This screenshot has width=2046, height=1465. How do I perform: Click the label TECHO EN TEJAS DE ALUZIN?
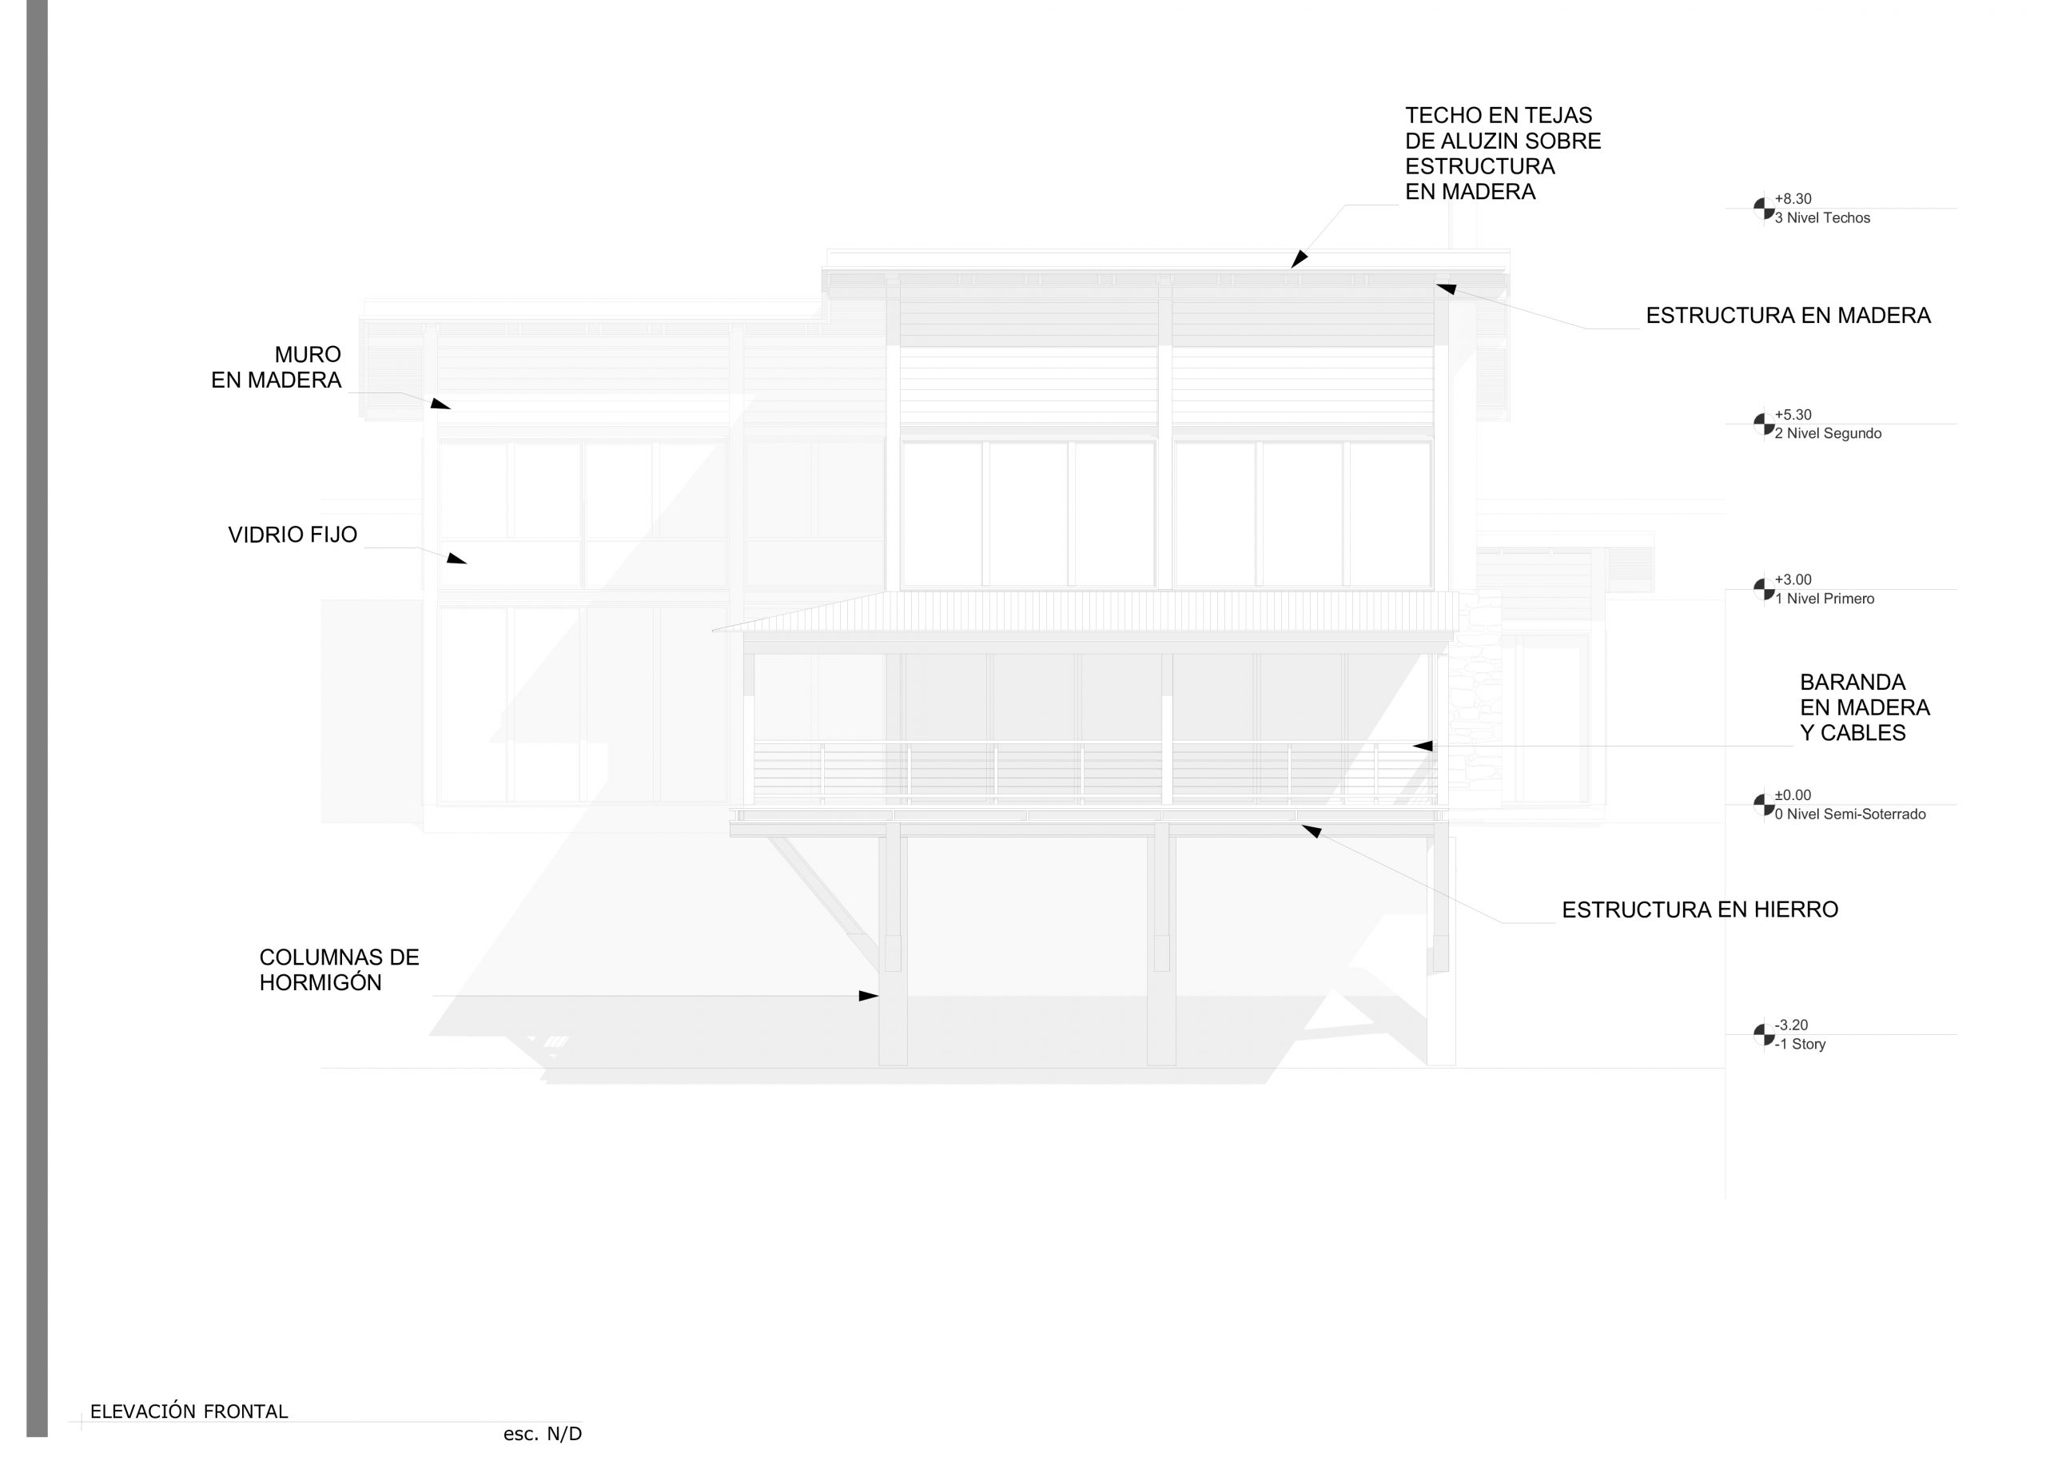coord(1503,153)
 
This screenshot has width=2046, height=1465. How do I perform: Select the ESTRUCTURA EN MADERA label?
coord(1788,316)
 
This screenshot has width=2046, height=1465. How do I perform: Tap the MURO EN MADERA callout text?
coord(276,367)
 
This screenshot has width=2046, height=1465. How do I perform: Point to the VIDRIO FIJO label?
coord(293,535)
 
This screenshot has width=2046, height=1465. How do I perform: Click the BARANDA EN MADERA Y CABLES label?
coord(1865,708)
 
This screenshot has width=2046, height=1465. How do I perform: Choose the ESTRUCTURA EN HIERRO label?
coord(1700,910)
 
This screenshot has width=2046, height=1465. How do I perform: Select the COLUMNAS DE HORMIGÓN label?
coord(339,969)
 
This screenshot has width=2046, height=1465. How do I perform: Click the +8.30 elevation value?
coord(1793,198)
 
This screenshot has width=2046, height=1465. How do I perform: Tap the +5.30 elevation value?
coord(1793,415)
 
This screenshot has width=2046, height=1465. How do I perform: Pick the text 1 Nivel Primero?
coord(1824,599)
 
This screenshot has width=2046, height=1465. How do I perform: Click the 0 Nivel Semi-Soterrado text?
coord(1849,814)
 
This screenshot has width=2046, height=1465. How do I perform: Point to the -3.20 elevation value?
coord(1791,1025)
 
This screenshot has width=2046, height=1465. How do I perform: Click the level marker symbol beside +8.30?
coord(1764,209)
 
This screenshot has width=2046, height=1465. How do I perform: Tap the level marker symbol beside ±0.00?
coord(1764,805)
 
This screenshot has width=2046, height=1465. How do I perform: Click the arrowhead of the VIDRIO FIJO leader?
coord(456,559)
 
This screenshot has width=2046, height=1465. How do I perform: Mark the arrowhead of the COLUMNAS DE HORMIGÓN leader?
coord(868,996)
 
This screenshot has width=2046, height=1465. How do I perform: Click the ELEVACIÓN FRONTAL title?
coord(189,1411)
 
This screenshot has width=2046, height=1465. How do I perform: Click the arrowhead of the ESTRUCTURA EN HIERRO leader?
coord(1311,831)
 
